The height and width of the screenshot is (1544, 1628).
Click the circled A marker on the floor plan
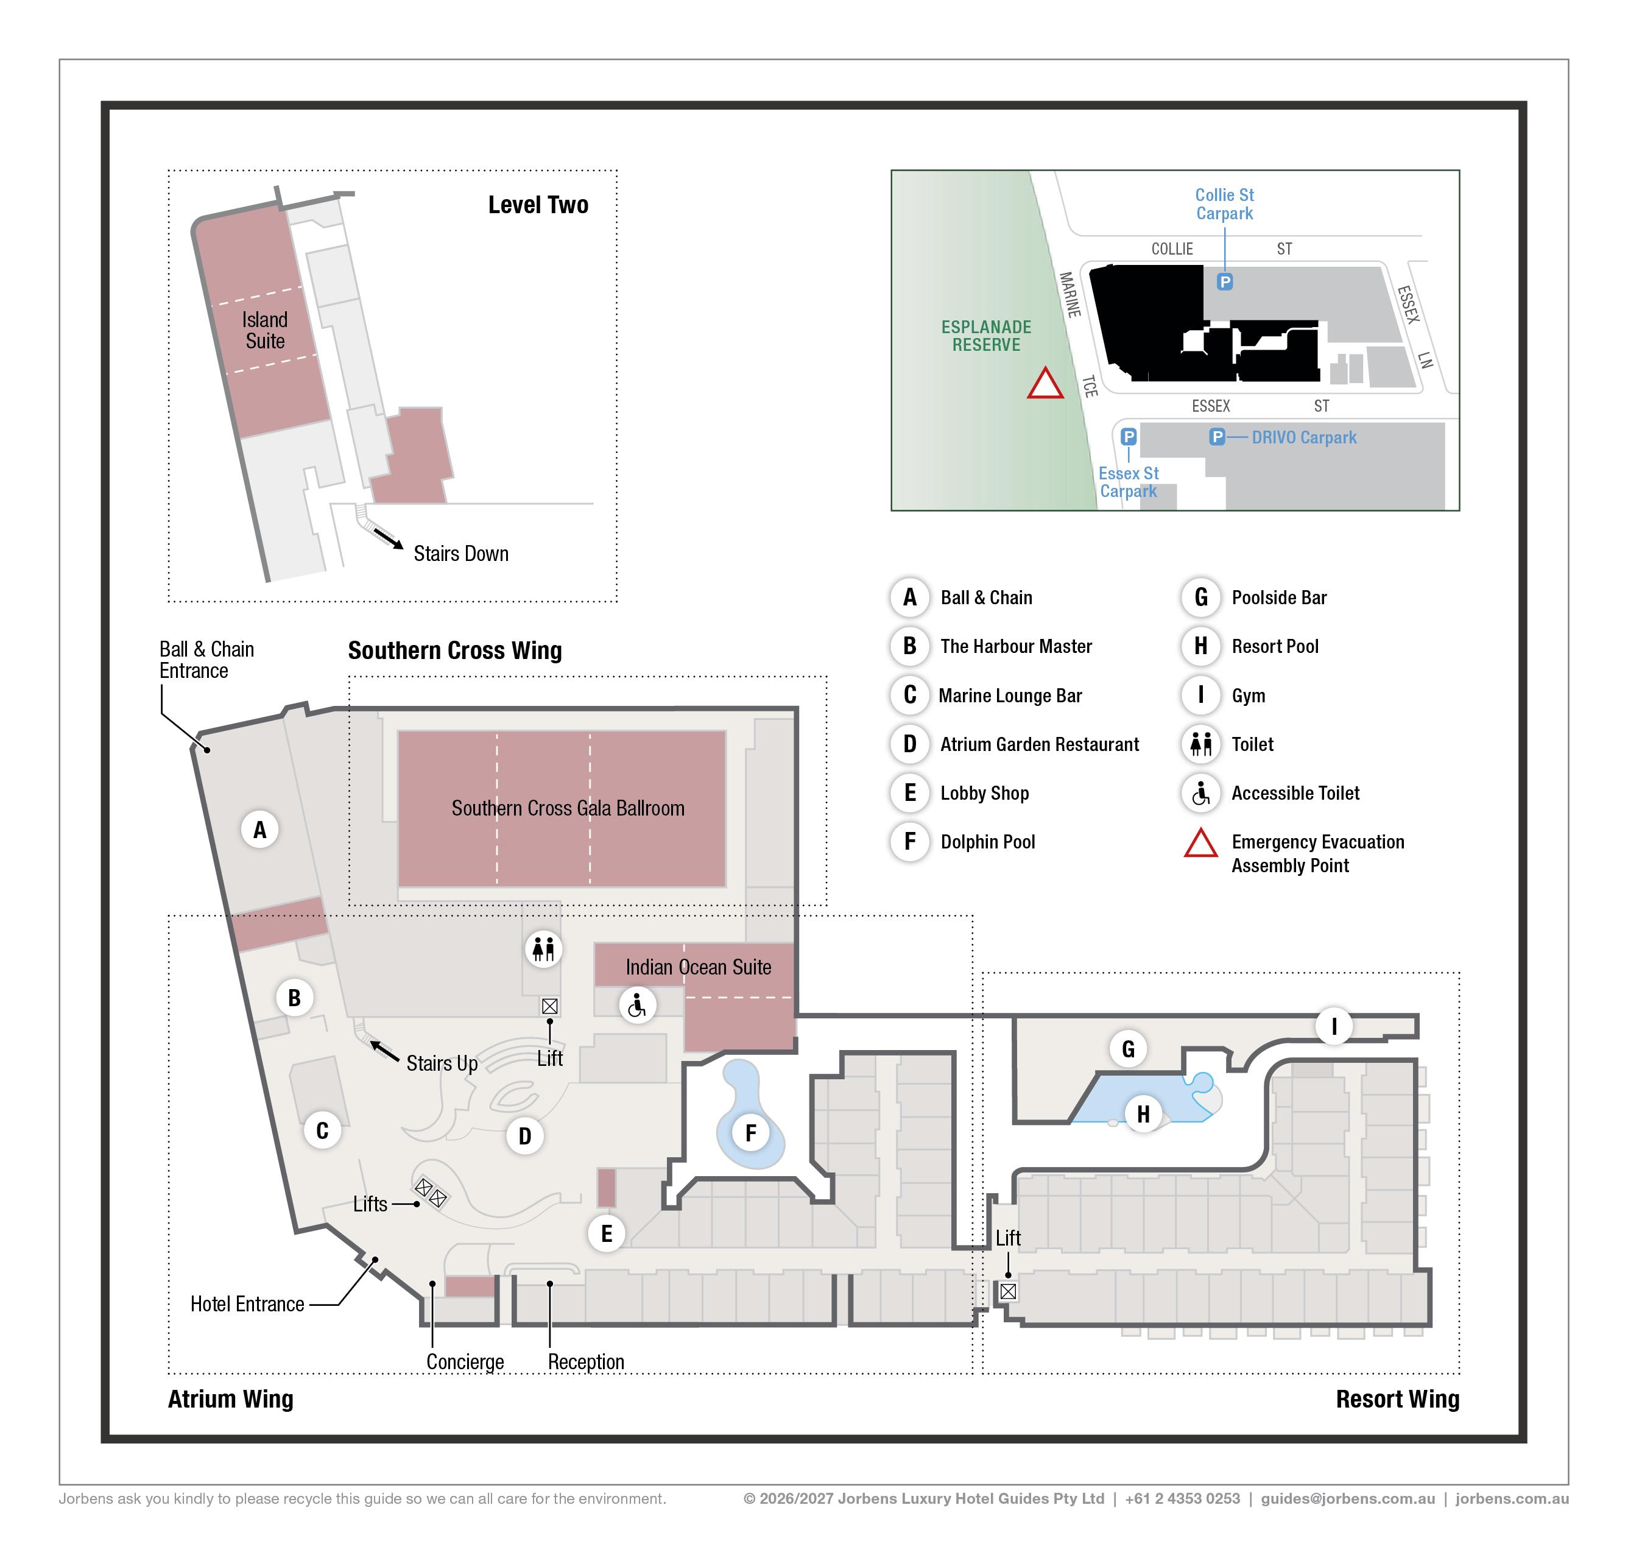click(260, 830)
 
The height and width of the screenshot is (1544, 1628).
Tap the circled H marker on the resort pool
click(1143, 1115)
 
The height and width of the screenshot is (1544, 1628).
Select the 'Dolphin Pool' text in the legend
click(988, 842)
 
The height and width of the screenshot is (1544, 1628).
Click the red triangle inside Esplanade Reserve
click(1045, 384)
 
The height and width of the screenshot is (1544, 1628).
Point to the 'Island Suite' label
click(264, 330)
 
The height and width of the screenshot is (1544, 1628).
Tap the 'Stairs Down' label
click(461, 554)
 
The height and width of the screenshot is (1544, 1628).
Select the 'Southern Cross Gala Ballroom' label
click(568, 808)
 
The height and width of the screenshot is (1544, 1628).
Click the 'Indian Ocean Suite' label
click(698, 967)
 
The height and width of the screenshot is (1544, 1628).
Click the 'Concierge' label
click(465, 1361)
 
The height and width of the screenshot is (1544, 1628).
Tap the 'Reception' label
click(586, 1361)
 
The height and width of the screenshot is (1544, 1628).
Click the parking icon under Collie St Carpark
click(1225, 282)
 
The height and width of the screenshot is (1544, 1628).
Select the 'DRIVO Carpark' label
click(1304, 438)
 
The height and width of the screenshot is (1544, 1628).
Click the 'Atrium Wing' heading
click(230, 1399)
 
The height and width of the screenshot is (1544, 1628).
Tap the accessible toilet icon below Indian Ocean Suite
click(637, 1005)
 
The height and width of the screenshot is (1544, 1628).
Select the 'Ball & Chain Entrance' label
click(206, 660)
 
